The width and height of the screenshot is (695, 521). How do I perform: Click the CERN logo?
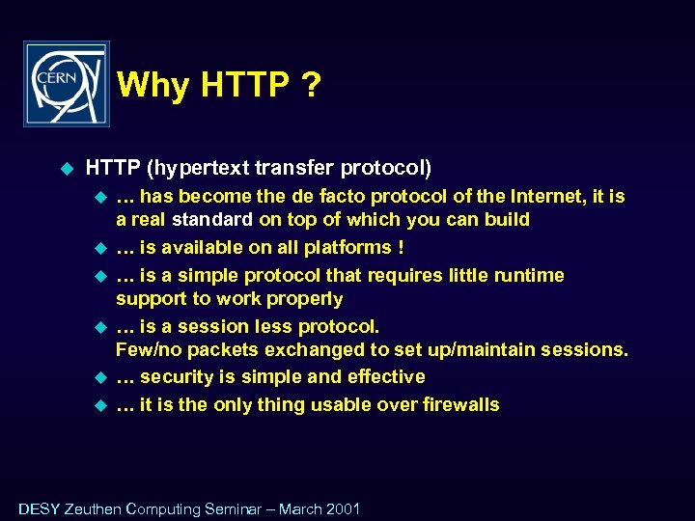pyautogui.click(x=67, y=84)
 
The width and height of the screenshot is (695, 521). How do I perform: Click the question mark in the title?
pyautogui.click(x=310, y=87)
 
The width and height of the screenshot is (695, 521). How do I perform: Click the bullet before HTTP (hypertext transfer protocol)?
pyautogui.click(x=67, y=169)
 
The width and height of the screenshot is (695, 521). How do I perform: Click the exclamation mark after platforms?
pyautogui.click(x=401, y=248)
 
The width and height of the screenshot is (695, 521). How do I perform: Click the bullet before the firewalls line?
pyautogui.click(x=97, y=405)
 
